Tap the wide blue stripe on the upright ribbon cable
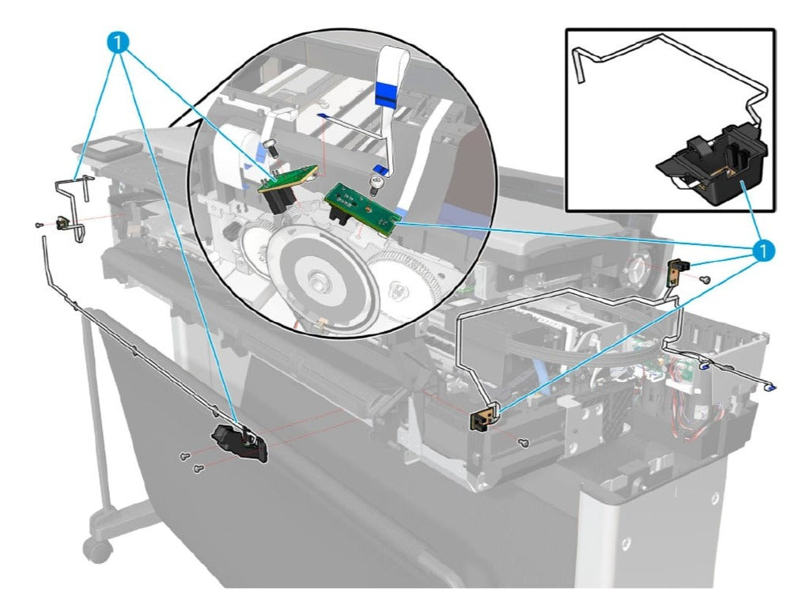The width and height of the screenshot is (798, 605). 388,97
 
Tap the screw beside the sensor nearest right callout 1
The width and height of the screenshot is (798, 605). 705,279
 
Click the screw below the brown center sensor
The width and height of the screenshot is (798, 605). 524,444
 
